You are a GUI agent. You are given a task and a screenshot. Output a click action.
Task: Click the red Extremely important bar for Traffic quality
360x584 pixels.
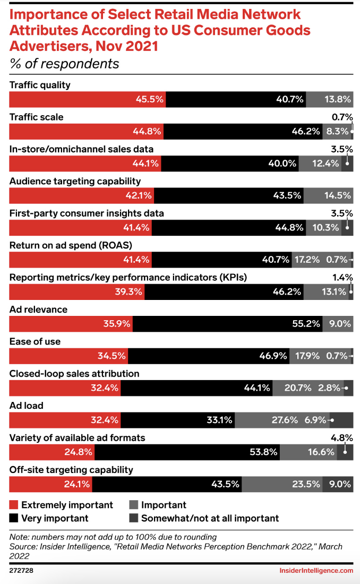click(88, 99)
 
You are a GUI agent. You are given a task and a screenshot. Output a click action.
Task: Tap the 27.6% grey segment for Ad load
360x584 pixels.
click(282, 420)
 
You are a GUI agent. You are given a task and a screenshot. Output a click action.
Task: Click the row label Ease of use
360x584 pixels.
click(35, 341)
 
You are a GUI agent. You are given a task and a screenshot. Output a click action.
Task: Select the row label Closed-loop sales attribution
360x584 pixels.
click(74, 373)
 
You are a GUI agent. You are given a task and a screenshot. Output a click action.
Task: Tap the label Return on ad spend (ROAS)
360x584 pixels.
click(71, 245)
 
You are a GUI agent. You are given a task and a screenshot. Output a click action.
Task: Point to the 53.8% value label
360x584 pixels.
click(264, 452)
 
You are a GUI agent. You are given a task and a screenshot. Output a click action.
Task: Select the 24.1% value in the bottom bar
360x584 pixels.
click(78, 484)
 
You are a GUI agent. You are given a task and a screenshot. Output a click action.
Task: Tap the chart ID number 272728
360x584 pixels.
click(21, 570)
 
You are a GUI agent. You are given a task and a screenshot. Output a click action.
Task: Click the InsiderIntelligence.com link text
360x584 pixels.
click(316, 570)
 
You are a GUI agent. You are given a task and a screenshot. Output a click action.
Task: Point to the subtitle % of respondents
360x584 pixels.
click(64, 64)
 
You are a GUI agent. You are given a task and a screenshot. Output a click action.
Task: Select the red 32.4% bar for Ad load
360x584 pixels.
click(65, 420)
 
